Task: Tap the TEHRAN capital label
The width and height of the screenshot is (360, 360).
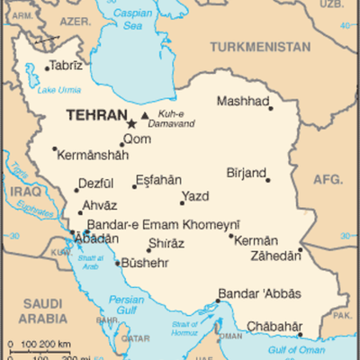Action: (x=93, y=116)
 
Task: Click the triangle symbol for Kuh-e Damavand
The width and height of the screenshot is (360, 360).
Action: (x=145, y=115)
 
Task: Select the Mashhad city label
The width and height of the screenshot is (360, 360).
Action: (x=243, y=102)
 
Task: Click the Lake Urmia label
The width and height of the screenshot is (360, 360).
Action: (x=58, y=88)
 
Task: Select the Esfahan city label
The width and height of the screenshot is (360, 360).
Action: (x=157, y=179)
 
